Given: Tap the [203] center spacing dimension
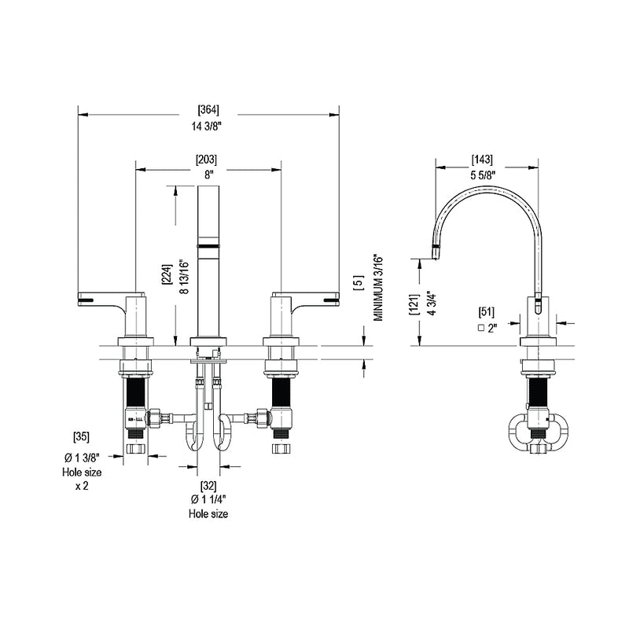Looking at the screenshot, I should click(208, 160).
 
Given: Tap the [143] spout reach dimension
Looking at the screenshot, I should click(482, 160).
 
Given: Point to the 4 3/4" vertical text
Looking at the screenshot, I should click(431, 303).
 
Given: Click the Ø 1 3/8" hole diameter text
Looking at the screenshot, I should click(81, 458).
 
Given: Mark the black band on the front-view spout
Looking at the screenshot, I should click(208, 247).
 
